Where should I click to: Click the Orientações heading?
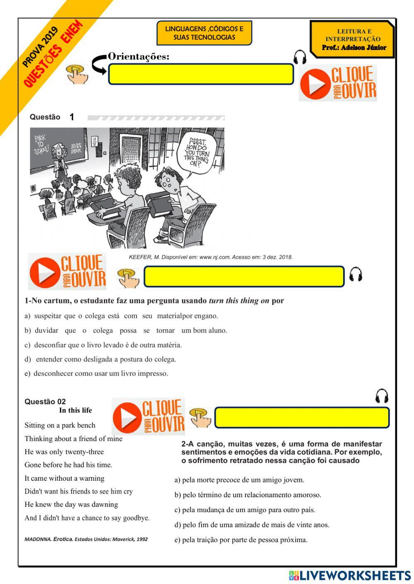138,56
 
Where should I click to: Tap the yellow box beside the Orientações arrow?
201,74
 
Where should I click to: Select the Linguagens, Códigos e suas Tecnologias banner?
204,33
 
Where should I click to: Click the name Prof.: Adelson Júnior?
354,48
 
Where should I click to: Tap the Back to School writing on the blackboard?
41,145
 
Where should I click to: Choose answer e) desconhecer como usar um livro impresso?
96,373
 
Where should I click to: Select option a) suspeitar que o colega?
121,316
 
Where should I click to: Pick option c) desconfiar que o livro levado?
103,345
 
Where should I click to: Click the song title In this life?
75,410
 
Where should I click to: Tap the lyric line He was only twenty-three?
64,452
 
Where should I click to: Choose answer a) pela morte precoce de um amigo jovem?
239,480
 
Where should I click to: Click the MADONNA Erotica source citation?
86,539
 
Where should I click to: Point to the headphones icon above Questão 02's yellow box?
382,396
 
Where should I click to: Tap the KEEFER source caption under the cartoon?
211,257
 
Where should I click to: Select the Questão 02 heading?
45,401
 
